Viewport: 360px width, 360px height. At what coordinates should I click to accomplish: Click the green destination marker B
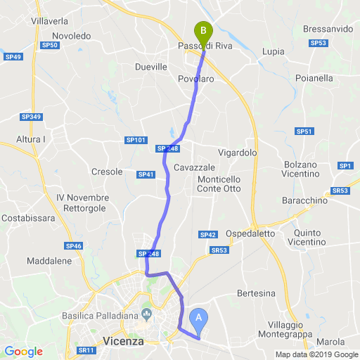click(x=202, y=32)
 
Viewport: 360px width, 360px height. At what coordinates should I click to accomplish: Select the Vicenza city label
click(x=123, y=341)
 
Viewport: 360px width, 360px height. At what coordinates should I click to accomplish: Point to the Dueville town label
click(x=150, y=67)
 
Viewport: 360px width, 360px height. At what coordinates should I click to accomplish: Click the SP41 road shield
click(x=146, y=174)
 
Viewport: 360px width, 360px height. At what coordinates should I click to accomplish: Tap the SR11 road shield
click(x=86, y=350)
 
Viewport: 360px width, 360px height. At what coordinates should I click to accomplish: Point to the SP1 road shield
click(x=345, y=165)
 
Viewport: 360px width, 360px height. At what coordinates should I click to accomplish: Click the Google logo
click(x=23, y=351)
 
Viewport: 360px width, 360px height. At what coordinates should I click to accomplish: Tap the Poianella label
click(x=314, y=78)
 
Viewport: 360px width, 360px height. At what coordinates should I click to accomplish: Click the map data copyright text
click(x=316, y=354)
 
